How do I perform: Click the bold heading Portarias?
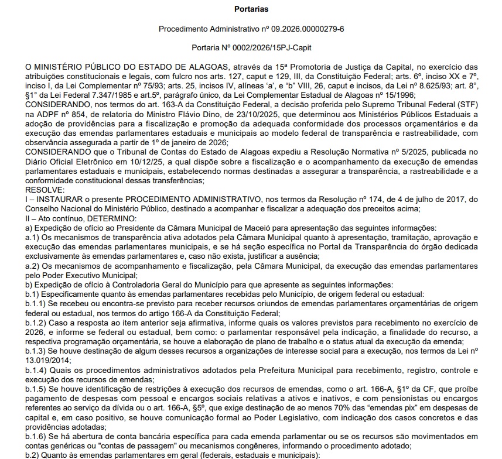(250, 9)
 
